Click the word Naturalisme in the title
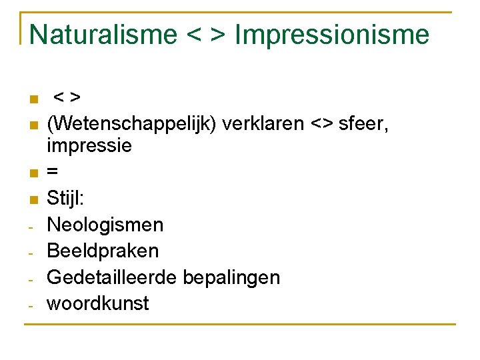(x=103, y=34)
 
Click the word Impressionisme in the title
(x=332, y=34)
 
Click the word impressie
(x=89, y=145)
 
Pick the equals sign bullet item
(x=53, y=172)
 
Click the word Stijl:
(x=65, y=198)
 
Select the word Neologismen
(x=105, y=225)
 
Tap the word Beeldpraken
(x=103, y=251)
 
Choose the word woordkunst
(x=98, y=303)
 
